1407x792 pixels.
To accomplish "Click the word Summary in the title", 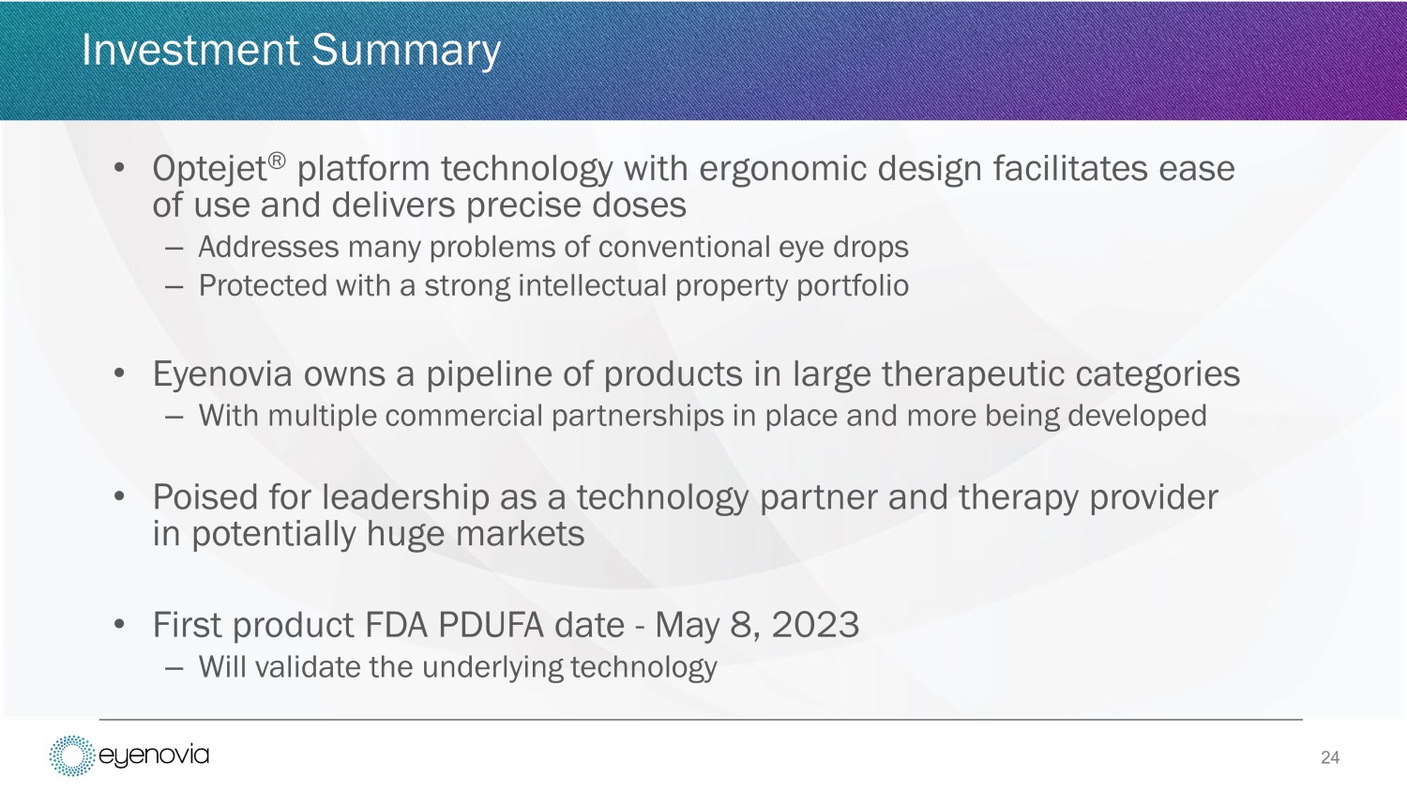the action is pos(406,51).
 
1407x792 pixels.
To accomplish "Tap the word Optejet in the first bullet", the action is pos(210,169).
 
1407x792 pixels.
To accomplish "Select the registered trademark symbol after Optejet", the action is pos(277,160).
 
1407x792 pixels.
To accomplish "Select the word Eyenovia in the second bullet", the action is pos(222,374).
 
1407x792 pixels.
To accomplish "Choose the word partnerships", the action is pos(638,416).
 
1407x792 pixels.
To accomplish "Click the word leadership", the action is pos(406,497).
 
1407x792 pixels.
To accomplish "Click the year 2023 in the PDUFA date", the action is pos(815,625).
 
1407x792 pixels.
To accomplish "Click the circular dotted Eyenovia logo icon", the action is pos(71,755).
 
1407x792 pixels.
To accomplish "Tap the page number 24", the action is pos(1330,757).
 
